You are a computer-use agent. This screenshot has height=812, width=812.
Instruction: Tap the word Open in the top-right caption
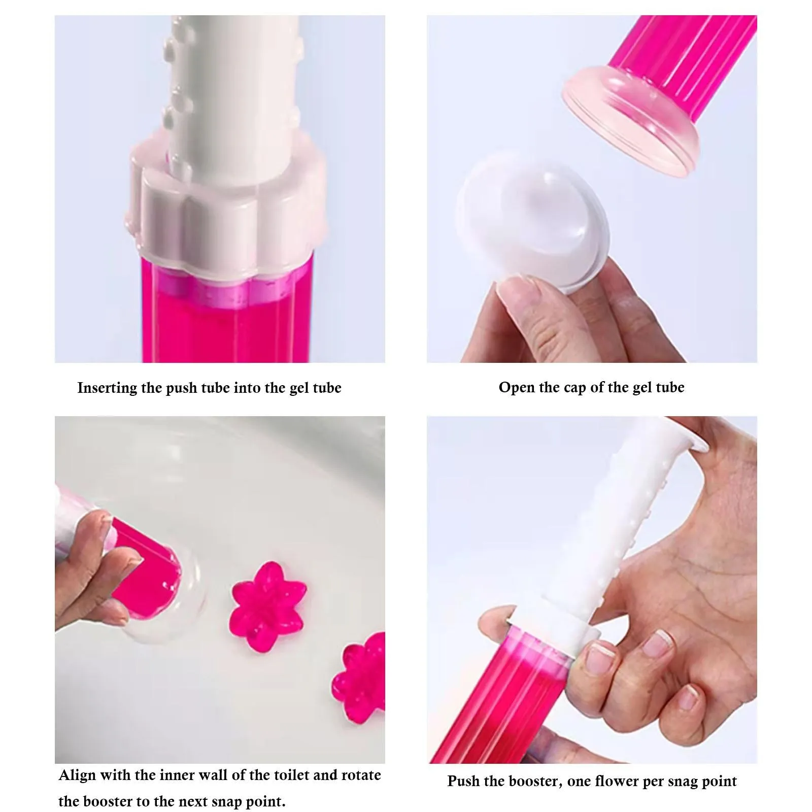coord(516,388)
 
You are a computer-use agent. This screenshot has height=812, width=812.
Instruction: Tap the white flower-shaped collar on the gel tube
coord(223,203)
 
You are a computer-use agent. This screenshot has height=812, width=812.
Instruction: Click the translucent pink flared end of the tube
coord(632,119)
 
